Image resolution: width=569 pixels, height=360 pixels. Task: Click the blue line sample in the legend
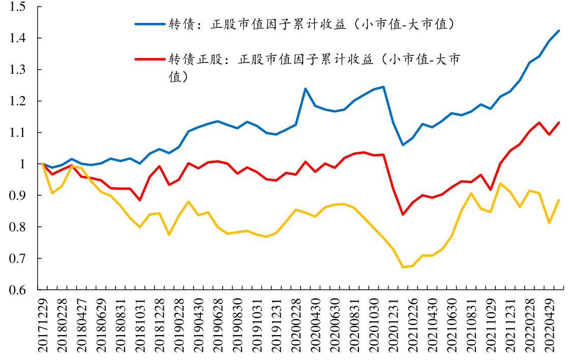[149, 24]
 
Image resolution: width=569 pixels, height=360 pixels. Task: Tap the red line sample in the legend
[149, 59]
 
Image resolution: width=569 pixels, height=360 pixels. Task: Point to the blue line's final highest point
[559, 31]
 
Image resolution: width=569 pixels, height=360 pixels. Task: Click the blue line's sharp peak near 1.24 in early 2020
[305, 89]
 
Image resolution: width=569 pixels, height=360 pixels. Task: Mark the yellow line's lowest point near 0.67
[403, 267]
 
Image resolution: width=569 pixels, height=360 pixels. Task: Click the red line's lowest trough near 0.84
[403, 215]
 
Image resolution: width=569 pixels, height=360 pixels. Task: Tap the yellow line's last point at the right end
[559, 200]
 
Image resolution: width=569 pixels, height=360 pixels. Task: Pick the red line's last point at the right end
[559, 123]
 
